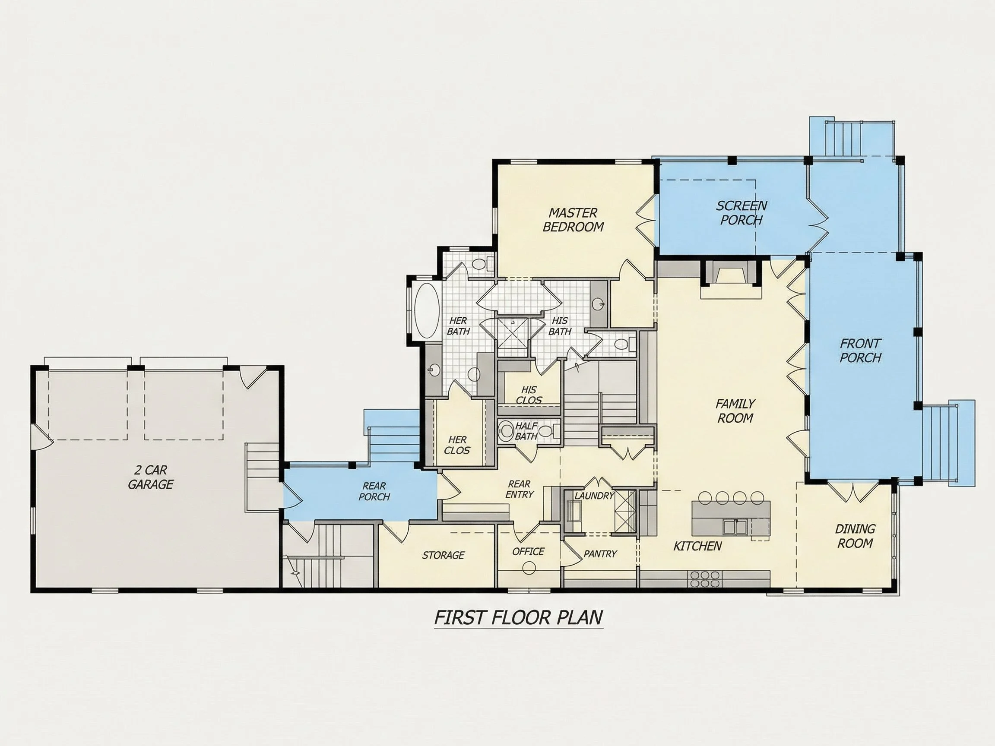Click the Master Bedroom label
click(x=573, y=219)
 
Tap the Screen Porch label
click(x=741, y=213)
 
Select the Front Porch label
click(x=860, y=351)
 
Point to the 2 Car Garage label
click(x=150, y=477)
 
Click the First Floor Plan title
click(x=519, y=618)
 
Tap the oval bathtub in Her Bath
click(x=426, y=310)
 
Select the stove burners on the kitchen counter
click(x=704, y=579)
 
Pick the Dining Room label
click(x=855, y=536)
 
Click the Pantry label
click(x=600, y=553)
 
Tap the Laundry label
click(x=594, y=496)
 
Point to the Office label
click(x=528, y=551)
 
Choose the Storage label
click(x=443, y=555)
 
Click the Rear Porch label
click(x=374, y=491)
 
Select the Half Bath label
click(x=526, y=431)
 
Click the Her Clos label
click(x=457, y=445)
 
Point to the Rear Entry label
click(x=519, y=489)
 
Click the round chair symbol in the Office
click(x=529, y=568)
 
